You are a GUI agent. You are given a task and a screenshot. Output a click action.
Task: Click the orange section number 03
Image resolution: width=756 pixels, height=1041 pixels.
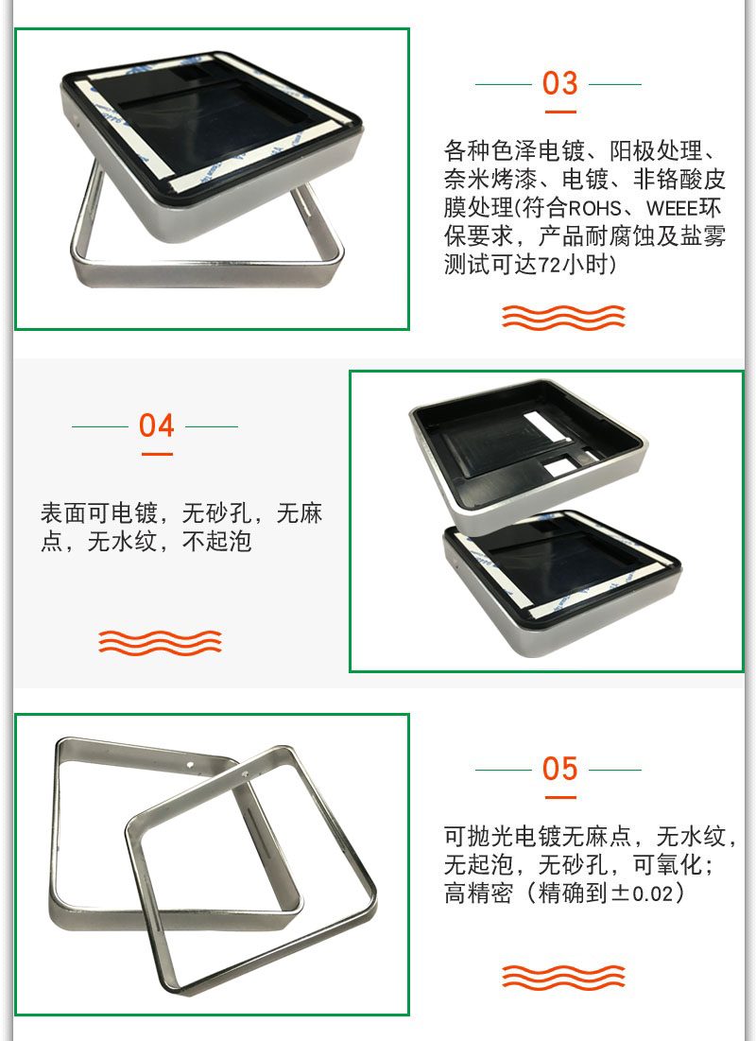click(559, 83)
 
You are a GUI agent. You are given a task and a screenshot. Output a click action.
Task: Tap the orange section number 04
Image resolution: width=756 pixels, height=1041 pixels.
click(156, 425)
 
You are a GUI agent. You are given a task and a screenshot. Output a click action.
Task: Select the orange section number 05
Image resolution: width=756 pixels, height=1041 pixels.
click(559, 769)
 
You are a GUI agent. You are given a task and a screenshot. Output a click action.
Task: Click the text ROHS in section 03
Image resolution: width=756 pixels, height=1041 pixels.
click(594, 208)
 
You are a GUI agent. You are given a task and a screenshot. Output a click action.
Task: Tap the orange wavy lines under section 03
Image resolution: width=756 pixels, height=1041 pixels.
click(563, 318)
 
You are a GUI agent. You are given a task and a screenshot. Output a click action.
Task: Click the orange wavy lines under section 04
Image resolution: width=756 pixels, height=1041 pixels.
click(160, 642)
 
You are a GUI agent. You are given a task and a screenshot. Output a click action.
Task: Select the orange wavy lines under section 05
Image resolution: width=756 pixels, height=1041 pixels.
click(563, 977)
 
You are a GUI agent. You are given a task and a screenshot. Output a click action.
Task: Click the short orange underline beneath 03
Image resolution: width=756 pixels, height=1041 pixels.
click(560, 113)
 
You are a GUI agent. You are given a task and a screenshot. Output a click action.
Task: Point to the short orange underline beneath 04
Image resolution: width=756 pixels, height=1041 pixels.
click(157, 454)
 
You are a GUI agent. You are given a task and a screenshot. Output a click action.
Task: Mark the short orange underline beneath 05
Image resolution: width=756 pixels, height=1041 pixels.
click(560, 797)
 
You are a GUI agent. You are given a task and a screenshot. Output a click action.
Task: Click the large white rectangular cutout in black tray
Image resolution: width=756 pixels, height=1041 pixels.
click(547, 425)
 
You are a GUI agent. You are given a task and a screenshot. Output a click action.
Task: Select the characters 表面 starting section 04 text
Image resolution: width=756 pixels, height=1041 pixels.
click(63, 513)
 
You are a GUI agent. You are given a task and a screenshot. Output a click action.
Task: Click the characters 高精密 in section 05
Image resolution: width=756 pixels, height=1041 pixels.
click(478, 893)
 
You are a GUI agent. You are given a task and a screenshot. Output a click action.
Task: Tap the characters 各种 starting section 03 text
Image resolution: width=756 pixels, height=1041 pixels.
click(467, 151)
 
